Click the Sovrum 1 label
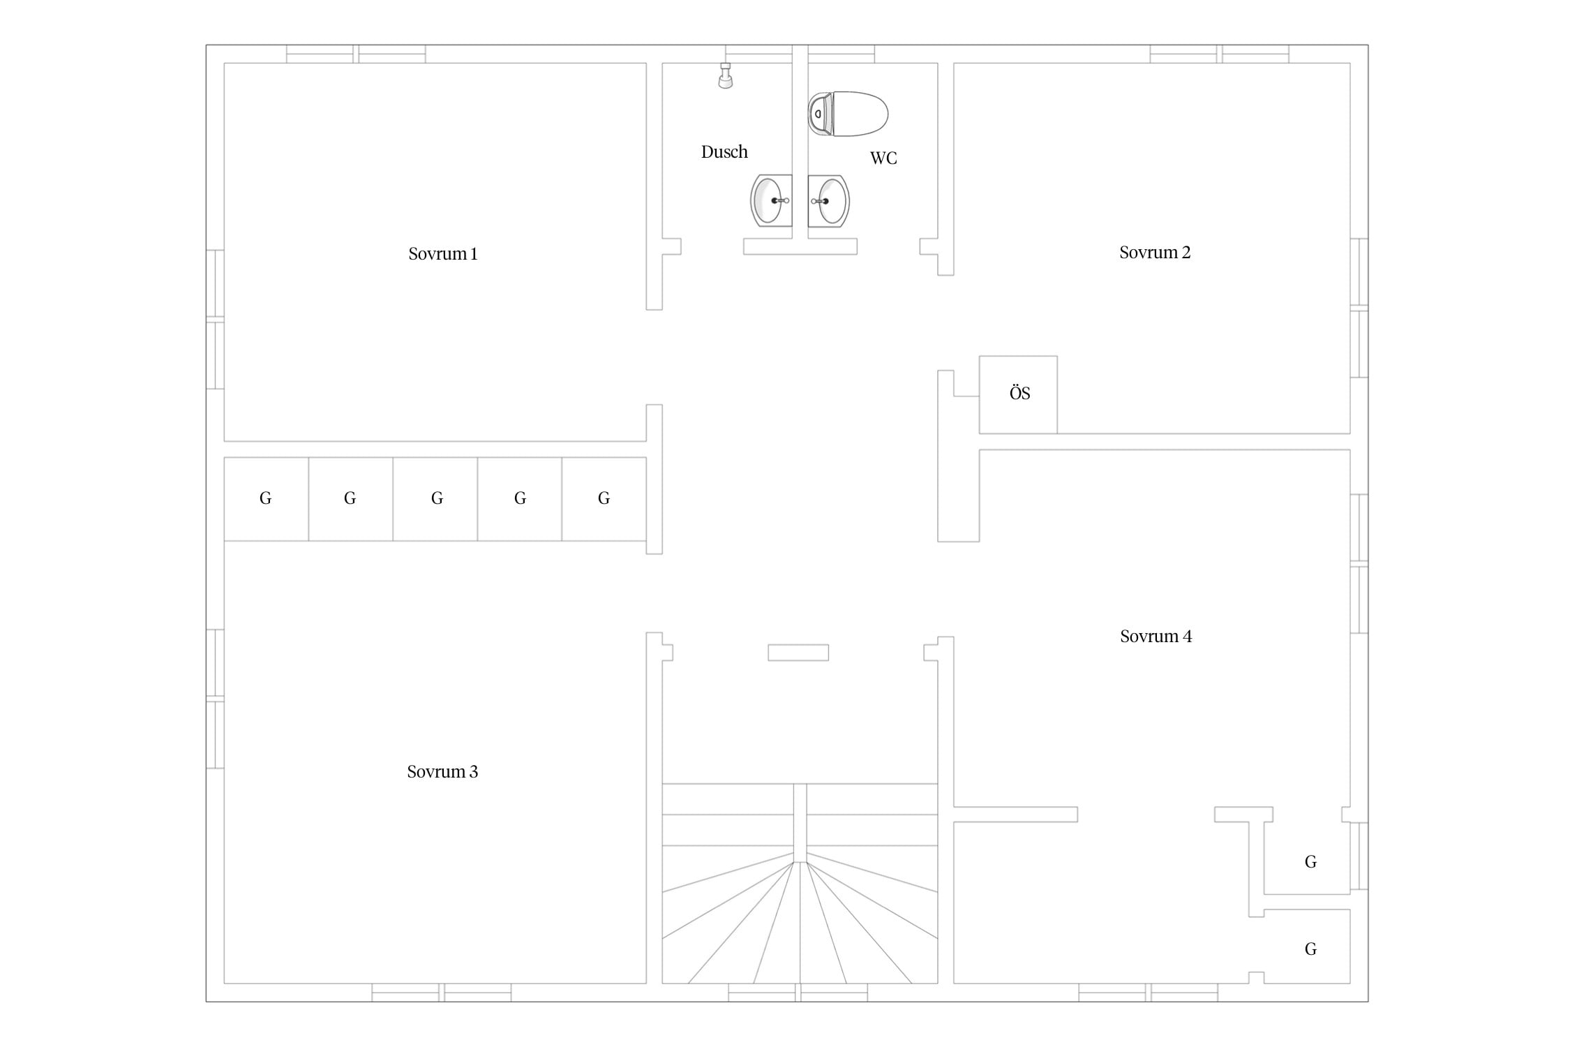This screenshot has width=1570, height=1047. (x=443, y=253)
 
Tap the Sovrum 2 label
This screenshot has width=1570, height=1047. (x=1155, y=252)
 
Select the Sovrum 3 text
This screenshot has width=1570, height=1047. (x=442, y=771)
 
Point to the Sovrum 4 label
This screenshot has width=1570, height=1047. (x=1156, y=636)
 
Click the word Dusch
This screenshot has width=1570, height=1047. (x=724, y=151)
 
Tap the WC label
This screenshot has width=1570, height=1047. (x=883, y=158)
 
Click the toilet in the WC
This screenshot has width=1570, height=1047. (x=848, y=114)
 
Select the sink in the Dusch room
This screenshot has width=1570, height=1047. (x=771, y=201)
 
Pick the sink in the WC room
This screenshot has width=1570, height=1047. (x=829, y=201)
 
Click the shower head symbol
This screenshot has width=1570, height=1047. (x=726, y=75)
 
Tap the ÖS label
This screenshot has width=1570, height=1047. (x=1019, y=394)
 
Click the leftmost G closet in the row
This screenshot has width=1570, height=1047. (x=266, y=498)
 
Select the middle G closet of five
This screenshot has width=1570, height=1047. (x=435, y=498)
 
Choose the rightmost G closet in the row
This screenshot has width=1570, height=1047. (x=604, y=498)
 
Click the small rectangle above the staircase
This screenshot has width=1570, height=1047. (x=798, y=653)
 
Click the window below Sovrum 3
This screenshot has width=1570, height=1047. (x=442, y=993)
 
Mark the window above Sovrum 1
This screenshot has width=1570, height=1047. (x=356, y=54)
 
